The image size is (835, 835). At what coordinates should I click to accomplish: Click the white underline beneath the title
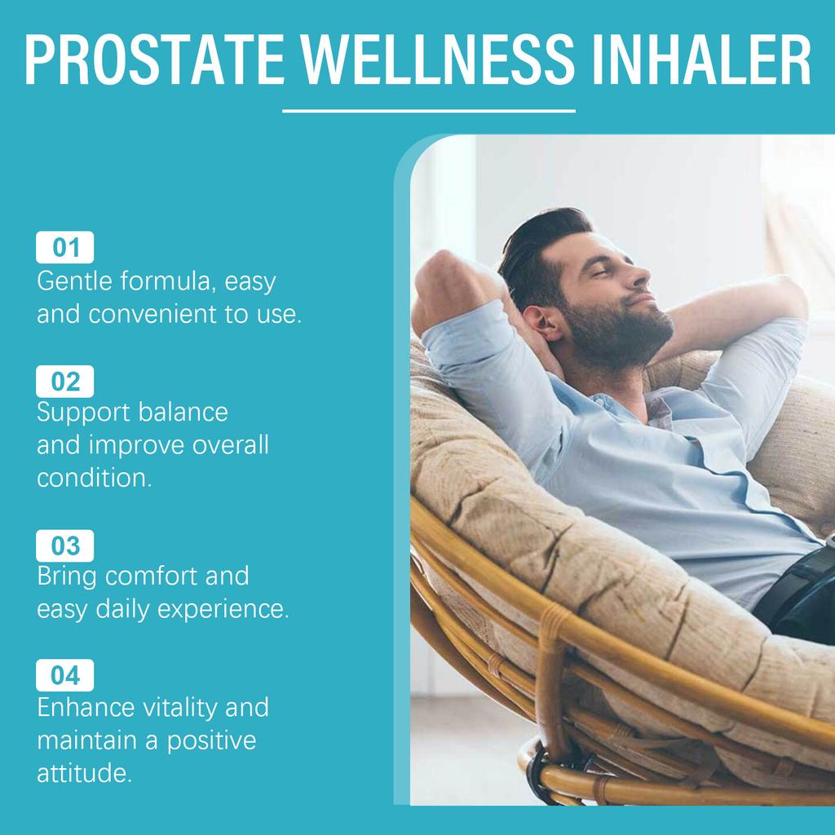[428, 110]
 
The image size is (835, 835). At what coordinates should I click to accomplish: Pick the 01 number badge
[65, 247]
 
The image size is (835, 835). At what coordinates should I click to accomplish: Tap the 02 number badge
[65, 382]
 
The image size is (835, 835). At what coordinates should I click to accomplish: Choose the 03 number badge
[65, 546]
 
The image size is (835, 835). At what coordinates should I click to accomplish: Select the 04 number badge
[65, 675]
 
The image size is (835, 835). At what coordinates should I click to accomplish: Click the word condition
[94, 478]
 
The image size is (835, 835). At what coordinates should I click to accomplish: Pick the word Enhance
[84, 707]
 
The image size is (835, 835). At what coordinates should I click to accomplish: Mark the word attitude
[84, 773]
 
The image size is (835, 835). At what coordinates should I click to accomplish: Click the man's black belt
[795, 587]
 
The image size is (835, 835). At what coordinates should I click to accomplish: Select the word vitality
[180, 707]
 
